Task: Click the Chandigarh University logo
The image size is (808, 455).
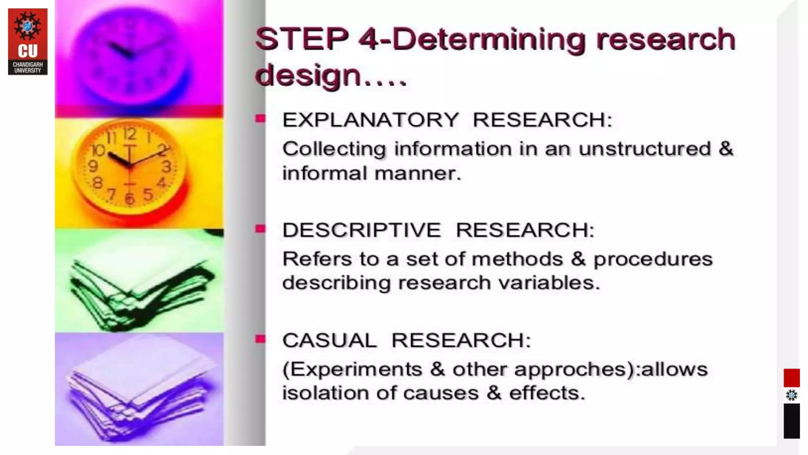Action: point(28,41)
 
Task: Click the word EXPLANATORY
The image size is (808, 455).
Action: point(370,120)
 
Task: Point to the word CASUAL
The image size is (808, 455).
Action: point(329,340)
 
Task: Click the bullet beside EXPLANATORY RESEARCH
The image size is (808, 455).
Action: point(260,118)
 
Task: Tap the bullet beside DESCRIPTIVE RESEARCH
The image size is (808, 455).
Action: point(260,229)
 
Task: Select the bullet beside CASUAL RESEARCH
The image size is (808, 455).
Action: point(260,339)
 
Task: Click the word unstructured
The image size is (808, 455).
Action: point(644,149)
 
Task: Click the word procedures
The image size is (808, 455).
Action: point(653,259)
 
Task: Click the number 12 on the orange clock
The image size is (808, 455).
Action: point(129,134)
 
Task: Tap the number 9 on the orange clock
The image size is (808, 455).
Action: point(93,166)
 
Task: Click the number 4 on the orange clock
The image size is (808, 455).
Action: point(162,183)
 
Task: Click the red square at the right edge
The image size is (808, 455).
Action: point(791,378)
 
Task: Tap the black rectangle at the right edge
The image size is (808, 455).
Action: point(791,421)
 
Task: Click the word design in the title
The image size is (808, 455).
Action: point(308,75)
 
